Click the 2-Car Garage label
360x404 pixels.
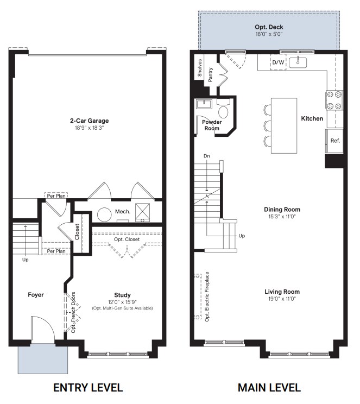[x=89, y=121]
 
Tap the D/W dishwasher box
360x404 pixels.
[x=278, y=63]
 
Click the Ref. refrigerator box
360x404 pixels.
[x=335, y=141]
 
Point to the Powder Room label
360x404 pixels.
[x=211, y=125]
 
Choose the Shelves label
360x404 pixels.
[x=200, y=68]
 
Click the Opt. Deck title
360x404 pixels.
[x=269, y=27]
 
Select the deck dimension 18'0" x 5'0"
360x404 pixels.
[x=269, y=34]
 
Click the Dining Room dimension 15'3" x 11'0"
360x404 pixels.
[x=282, y=217]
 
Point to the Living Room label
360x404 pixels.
[x=282, y=292]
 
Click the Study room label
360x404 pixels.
[x=122, y=295]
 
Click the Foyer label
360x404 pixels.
[x=36, y=295]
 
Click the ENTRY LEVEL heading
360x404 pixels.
[x=87, y=388]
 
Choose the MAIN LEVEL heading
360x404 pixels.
[x=269, y=388]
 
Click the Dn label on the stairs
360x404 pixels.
[x=206, y=156]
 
